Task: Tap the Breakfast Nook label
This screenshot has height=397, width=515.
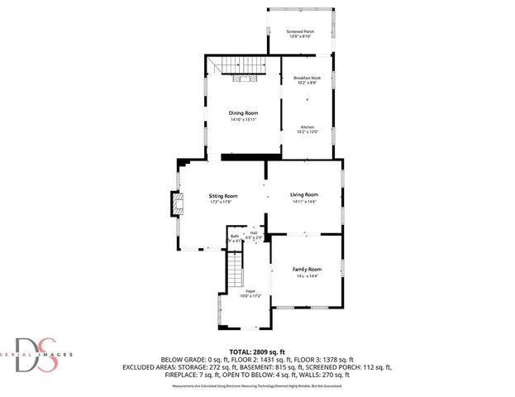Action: pos(307,78)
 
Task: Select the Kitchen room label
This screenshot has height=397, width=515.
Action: pos(307,127)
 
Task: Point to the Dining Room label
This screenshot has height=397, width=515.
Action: pos(243,112)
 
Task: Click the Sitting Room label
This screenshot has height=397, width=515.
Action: pos(222,196)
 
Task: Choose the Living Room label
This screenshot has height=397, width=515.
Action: pos(304,194)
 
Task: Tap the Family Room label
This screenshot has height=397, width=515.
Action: pos(307,270)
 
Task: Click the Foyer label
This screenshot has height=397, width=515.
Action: pos(250,291)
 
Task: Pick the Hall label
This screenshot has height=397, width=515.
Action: pos(254,232)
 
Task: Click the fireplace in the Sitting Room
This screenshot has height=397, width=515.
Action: pos(175,203)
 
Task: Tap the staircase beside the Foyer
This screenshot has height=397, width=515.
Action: pos(236,270)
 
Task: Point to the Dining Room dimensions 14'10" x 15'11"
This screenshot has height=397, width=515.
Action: pos(243,119)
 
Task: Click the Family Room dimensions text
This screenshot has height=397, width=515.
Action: pos(307,276)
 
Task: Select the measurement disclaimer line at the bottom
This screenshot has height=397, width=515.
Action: pos(257,385)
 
